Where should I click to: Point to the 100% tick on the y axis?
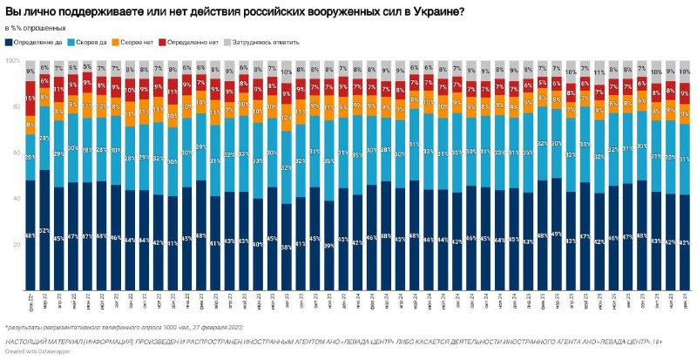13,61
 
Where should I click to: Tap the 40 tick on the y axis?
15,199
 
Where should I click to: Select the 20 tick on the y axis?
15,245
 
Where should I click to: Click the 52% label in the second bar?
44,230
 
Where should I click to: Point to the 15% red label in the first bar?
30,98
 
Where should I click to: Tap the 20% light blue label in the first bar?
30,157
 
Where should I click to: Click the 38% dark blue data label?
286,248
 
